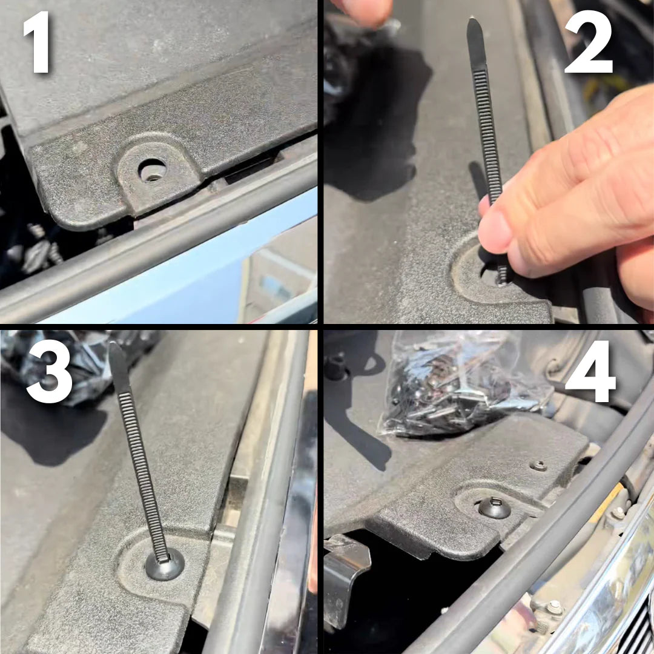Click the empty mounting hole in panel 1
tap(152, 170)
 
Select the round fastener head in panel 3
tap(164, 564)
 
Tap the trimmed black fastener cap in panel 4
tap(494, 507)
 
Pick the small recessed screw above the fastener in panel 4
tap(538, 466)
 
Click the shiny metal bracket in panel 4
tap(348, 575)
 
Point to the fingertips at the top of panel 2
tap(363, 9)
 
